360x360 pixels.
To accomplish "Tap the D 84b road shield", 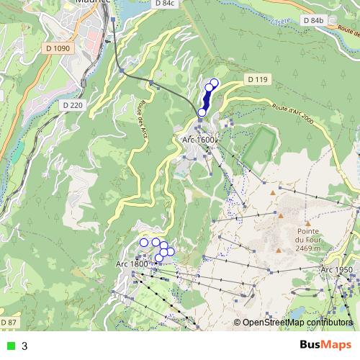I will [x=313, y=21].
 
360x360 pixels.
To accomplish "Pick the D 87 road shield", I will [x=7, y=321].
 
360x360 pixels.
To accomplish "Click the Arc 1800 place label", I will [x=131, y=264].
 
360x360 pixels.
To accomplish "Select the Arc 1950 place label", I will [x=336, y=269].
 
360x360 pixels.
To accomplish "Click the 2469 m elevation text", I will [x=312, y=248].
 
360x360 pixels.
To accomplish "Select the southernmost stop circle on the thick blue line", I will [x=202, y=112].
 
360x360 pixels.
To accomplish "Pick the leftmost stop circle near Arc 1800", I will [x=143, y=243].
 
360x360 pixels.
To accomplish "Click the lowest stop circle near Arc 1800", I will [x=158, y=258].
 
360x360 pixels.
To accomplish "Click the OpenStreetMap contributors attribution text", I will [x=297, y=323].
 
